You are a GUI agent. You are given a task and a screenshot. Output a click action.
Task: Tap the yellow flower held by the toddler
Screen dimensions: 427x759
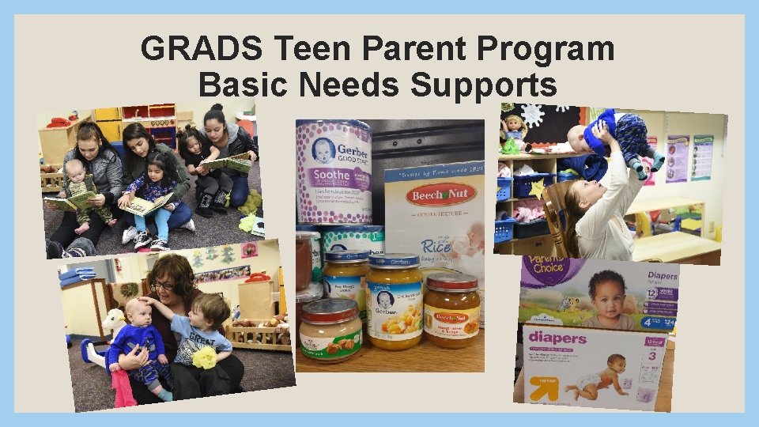tap(205, 358)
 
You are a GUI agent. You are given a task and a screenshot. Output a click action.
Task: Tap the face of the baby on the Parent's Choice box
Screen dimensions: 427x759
tap(607, 289)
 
